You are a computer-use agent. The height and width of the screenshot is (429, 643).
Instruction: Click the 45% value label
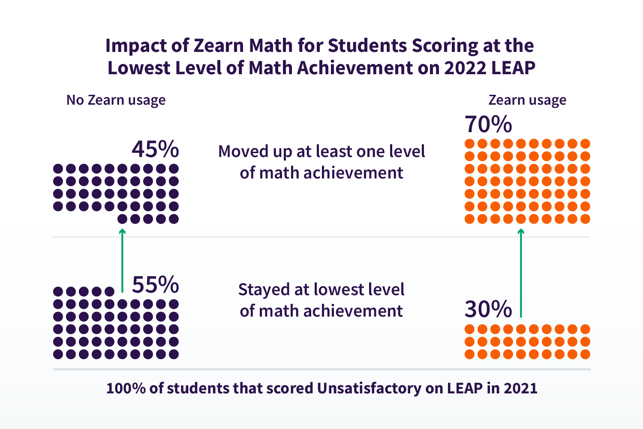(155, 149)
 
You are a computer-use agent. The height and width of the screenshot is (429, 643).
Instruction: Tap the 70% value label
(488, 124)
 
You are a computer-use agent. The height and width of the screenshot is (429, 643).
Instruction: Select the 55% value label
(155, 284)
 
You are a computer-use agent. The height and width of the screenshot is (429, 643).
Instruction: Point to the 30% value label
(488, 309)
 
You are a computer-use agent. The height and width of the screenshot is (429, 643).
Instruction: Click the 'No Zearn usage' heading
(116, 100)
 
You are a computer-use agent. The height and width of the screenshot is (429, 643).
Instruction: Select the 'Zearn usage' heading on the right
(527, 100)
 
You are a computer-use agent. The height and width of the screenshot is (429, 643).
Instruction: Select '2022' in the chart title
(465, 68)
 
